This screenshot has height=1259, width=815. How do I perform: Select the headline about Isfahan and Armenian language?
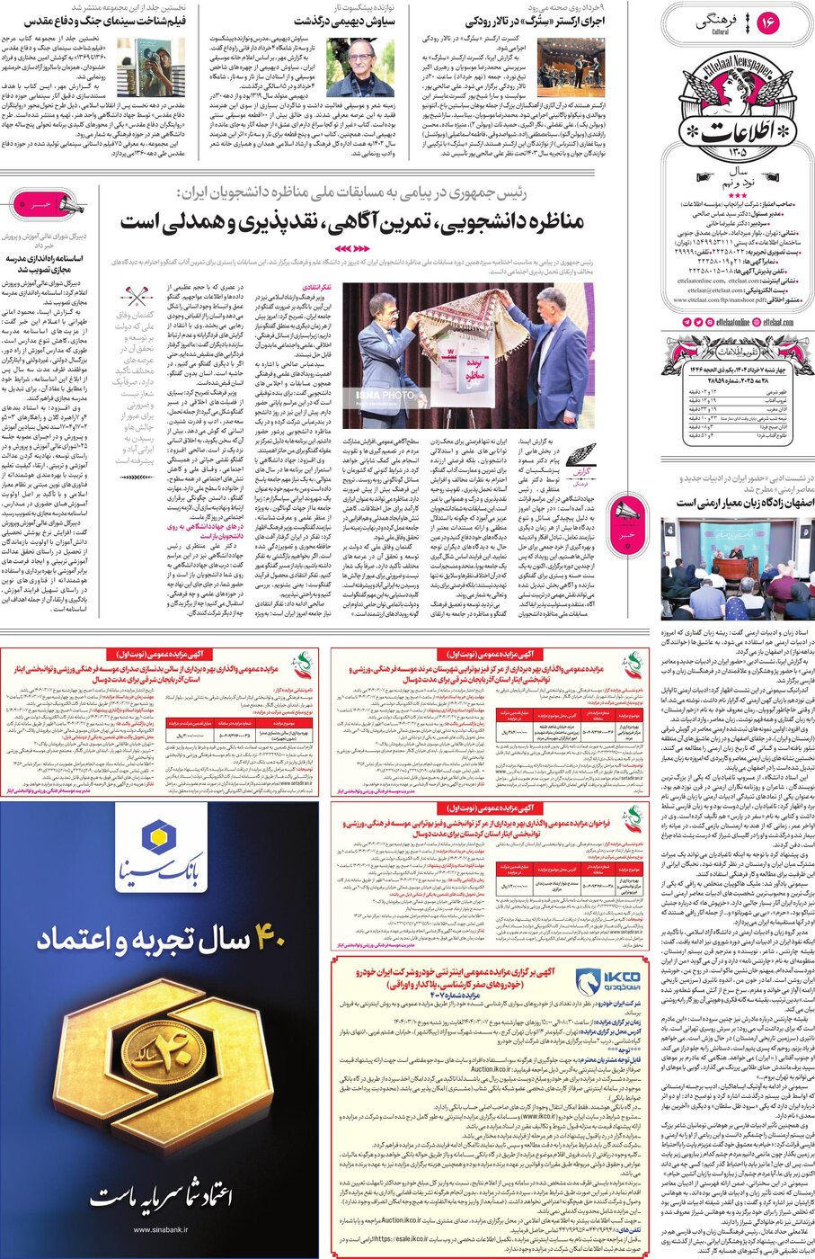(745, 503)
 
